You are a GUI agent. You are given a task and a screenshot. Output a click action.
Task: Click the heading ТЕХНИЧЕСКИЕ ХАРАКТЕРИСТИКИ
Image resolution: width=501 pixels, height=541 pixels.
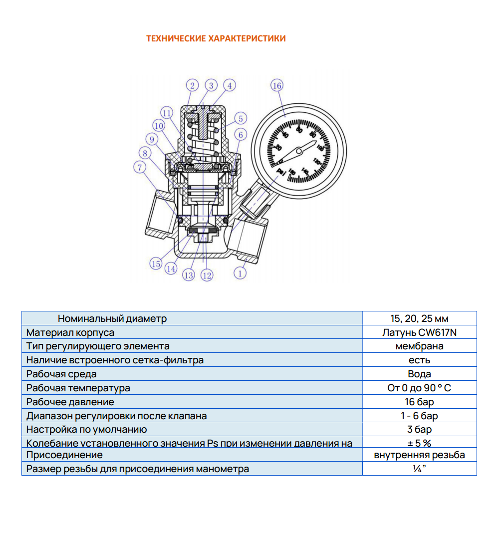(216, 38)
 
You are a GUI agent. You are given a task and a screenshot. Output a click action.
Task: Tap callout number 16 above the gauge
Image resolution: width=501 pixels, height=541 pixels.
(277, 85)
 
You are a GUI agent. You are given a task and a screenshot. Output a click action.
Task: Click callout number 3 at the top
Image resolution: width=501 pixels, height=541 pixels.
(211, 85)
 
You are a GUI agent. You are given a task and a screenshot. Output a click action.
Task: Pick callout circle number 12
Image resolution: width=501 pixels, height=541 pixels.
(207, 274)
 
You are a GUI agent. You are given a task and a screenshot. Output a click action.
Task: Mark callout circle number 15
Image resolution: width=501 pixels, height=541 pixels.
(156, 264)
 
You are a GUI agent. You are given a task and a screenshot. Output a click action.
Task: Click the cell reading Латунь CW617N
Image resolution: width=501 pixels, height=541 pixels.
(419, 332)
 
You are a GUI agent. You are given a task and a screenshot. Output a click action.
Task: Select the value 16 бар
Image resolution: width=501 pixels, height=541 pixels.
(419, 402)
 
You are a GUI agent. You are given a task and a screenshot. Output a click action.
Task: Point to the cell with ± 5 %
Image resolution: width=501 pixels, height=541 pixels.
(419, 443)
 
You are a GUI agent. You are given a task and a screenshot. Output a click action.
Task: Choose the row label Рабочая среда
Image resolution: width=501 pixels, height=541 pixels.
(61, 374)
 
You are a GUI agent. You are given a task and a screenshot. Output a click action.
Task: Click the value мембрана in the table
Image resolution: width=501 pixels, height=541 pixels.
(419, 346)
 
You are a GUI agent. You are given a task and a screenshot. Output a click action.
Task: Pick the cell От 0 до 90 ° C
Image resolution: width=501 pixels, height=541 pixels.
(419, 388)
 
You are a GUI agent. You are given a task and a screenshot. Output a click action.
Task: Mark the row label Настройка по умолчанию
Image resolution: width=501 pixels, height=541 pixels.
(86, 429)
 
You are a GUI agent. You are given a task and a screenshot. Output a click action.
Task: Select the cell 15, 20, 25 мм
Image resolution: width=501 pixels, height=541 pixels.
(419, 318)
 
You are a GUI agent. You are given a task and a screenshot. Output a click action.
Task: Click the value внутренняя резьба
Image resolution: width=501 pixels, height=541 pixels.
(419, 455)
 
